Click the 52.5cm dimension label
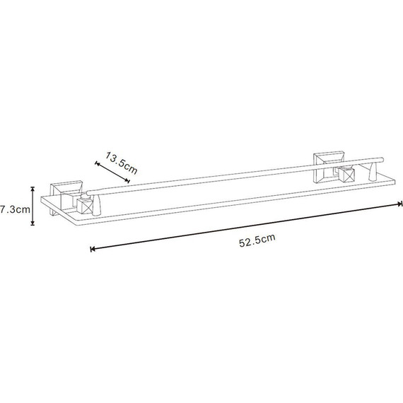[x=257, y=240]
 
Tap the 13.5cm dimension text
[x=122, y=163]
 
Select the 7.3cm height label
[x=15, y=209]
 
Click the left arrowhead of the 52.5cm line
[x=93, y=249]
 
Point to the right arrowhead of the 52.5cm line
[x=400, y=204]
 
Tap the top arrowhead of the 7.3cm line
[x=33, y=189]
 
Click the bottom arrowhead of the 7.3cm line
[x=33, y=223]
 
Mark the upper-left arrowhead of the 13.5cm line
[x=97, y=163]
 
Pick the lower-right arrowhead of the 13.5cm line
[x=127, y=180]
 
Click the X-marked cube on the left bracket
[x=84, y=207]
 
